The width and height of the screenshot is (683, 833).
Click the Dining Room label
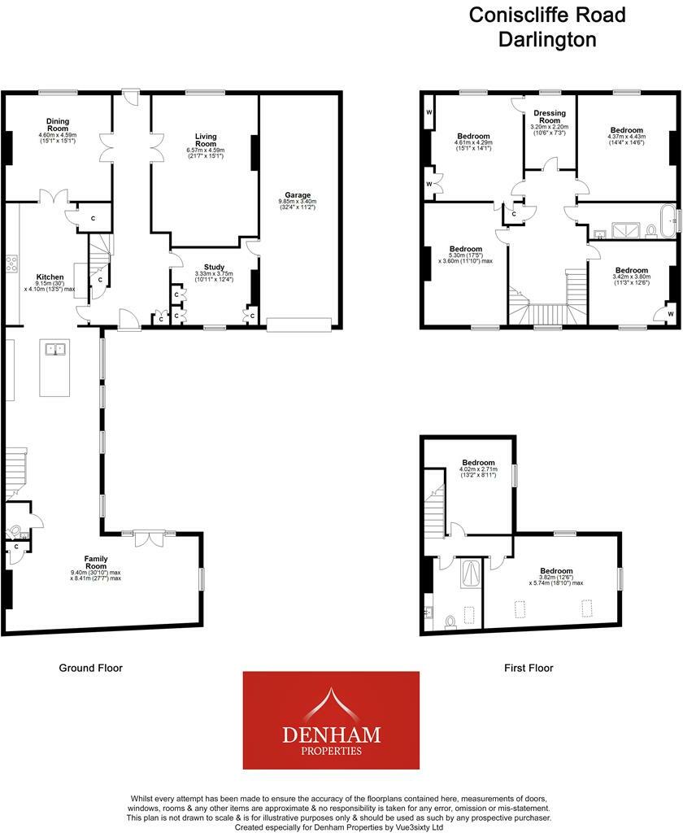point(57,124)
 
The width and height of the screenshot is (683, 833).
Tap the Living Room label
point(204,140)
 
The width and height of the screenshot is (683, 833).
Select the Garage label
point(297,196)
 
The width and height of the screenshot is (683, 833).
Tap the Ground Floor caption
point(90,668)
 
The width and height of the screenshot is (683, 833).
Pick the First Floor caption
point(529,668)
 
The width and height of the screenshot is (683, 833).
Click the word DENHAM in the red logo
point(330,735)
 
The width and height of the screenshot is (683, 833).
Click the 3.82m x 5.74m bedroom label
point(556,571)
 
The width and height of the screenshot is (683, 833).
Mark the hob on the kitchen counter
point(11,264)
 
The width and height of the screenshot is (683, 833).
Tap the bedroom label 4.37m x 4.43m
point(627,130)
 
